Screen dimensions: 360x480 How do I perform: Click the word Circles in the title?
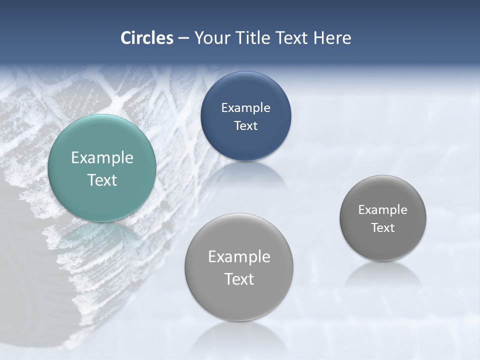(x=147, y=38)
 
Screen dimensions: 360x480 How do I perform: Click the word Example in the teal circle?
(x=102, y=158)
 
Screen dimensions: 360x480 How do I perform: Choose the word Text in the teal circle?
(x=102, y=180)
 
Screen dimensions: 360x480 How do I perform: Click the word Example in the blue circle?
(x=245, y=108)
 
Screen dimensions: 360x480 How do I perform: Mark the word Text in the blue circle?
(x=245, y=126)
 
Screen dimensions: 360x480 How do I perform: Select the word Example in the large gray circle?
(x=239, y=257)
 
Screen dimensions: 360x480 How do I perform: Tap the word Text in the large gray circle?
(x=239, y=279)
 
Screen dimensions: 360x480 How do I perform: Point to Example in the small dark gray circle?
(x=382, y=210)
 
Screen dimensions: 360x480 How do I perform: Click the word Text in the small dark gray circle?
(x=382, y=228)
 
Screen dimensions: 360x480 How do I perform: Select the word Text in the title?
(x=293, y=38)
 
